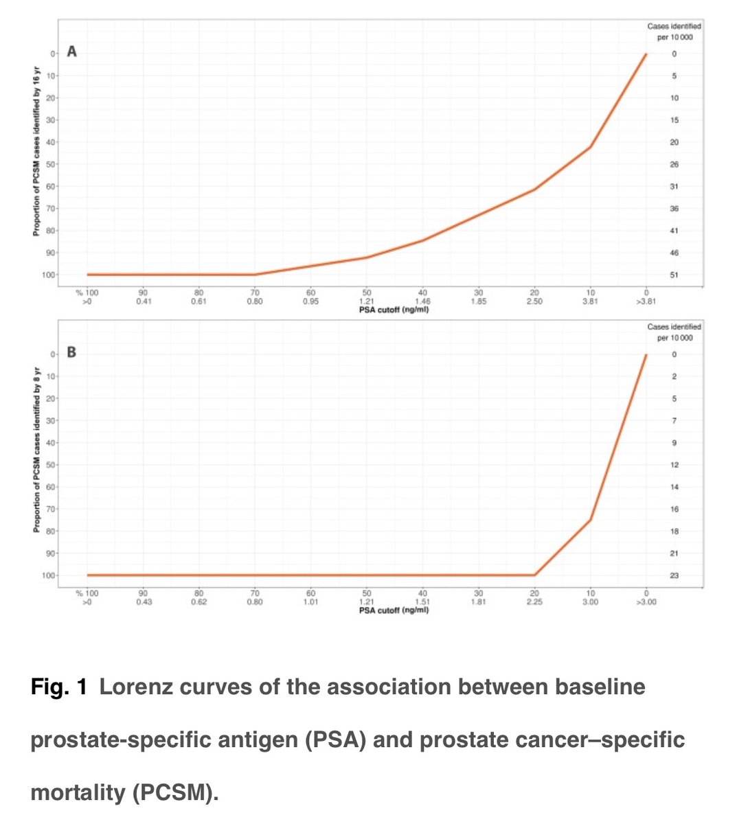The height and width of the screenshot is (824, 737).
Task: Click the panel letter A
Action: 71,51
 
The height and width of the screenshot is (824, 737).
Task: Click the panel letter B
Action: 71,352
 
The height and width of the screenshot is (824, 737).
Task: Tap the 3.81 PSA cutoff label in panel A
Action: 590,301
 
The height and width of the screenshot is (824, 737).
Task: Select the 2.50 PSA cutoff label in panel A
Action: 534,301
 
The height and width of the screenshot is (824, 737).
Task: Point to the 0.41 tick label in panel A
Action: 143,301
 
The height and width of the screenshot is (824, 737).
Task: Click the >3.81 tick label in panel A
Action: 646,301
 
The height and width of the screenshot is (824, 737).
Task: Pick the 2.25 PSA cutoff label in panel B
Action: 534,602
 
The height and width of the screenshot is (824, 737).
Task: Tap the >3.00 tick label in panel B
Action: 646,602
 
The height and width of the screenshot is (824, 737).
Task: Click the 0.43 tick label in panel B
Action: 143,602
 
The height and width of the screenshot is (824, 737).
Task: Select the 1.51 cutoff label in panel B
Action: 422,602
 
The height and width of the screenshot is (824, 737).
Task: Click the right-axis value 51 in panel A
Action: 674,275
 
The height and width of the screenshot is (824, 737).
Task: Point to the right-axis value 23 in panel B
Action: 674,575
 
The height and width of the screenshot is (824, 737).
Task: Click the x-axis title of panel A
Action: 394,310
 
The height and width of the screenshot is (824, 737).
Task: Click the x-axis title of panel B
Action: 394,610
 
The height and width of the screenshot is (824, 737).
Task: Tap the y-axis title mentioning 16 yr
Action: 37,151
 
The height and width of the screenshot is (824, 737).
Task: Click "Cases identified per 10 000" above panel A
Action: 674,32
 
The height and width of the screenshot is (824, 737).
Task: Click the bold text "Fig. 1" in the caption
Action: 58,687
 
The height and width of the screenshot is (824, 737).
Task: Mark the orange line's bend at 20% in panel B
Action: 534,575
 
